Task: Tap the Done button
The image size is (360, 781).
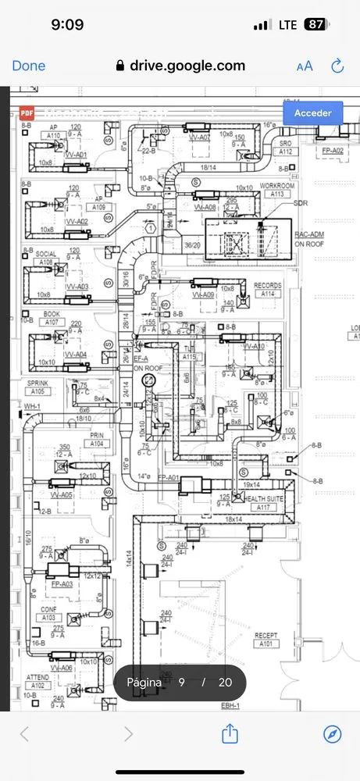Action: coord(29,66)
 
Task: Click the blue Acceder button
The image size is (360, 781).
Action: coord(312,113)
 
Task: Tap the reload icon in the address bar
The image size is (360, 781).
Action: coord(337,66)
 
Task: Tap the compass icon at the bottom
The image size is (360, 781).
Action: coord(333,734)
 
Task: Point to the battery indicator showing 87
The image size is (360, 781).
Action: coord(315,25)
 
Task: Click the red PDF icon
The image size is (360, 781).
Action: coord(26,113)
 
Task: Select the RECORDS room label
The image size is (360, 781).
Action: coord(268,286)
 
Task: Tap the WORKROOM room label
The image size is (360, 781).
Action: coord(277,185)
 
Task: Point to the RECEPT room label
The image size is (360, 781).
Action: coord(266,636)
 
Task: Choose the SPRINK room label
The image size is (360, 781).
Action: coord(37,383)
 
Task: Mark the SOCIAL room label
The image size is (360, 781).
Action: coord(46,255)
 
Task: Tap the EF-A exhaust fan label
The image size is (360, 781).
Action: coord(141,358)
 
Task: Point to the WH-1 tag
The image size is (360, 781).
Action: coord(31,407)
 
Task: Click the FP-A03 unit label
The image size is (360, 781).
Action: coord(62,583)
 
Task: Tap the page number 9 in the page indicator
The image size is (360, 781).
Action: coord(181,682)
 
